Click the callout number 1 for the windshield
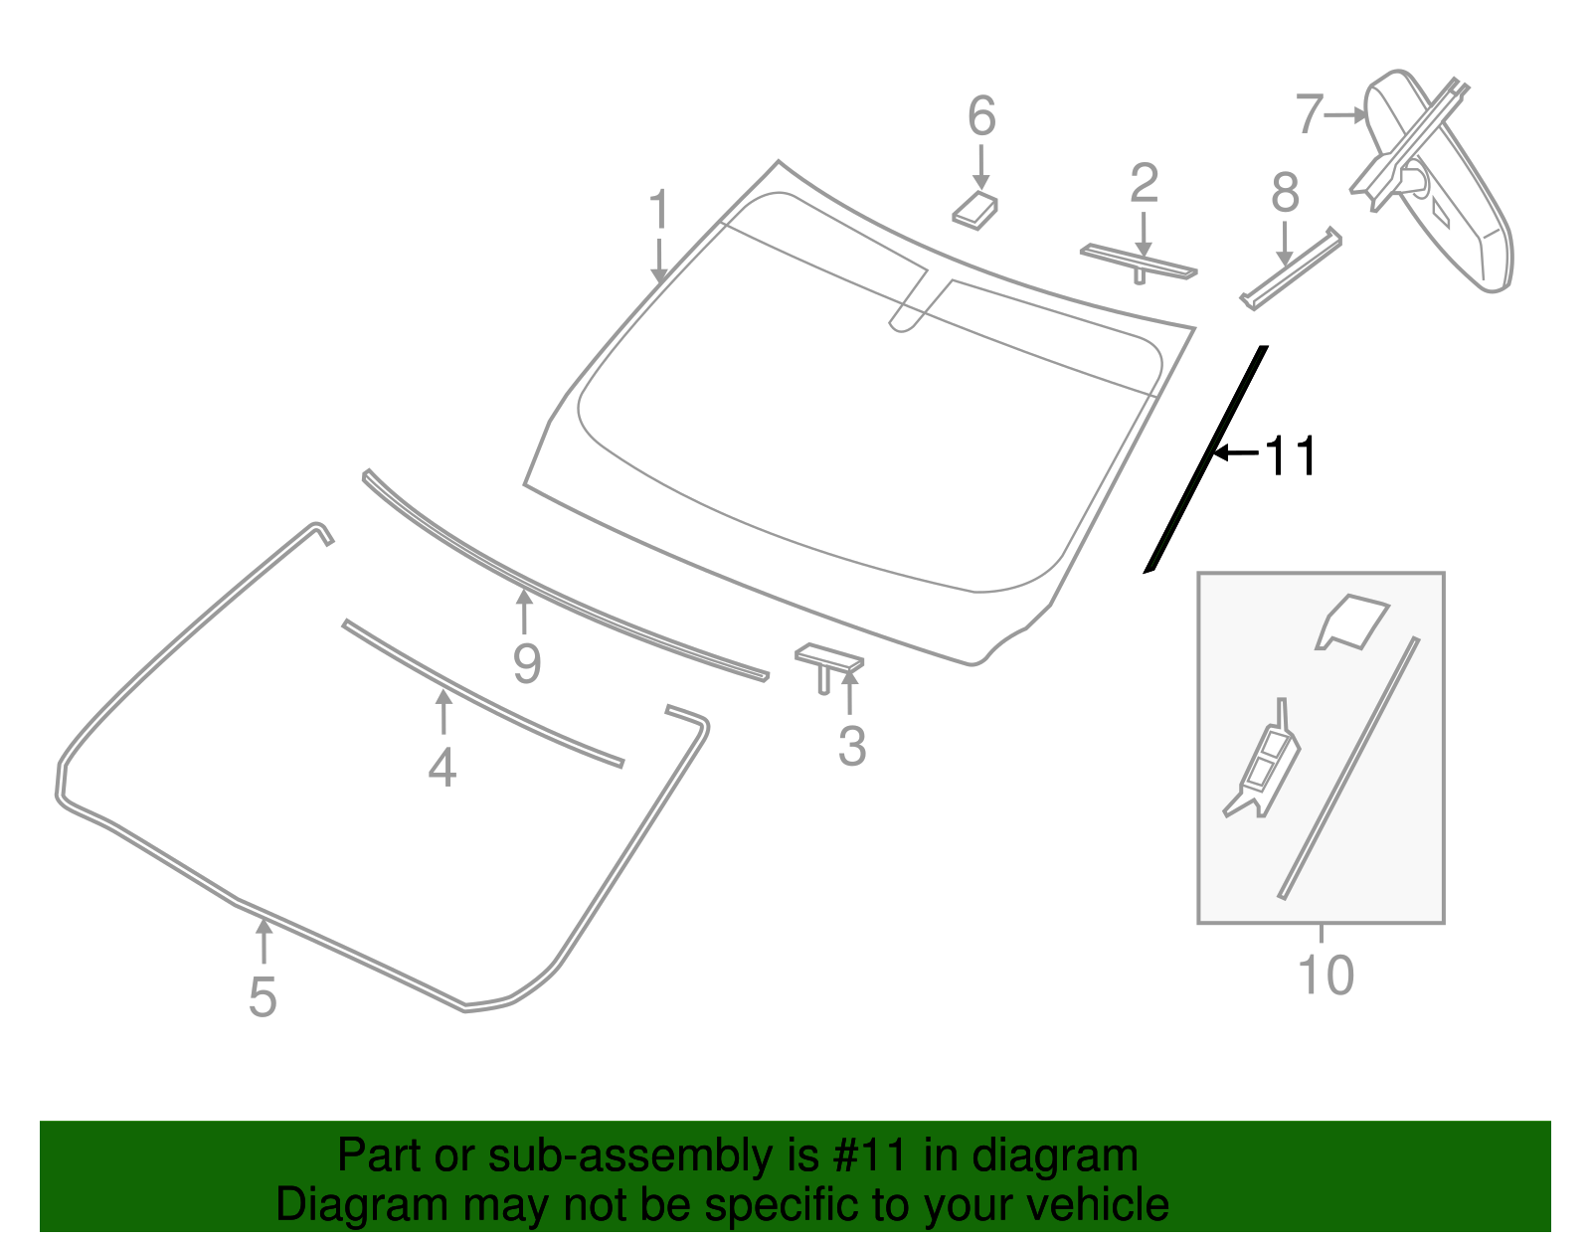(x=658, y=211)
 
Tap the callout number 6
(x=981, y=116)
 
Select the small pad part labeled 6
(x=975, y=210)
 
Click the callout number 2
(x=1145, y=184)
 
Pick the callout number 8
(x=1285, y=193)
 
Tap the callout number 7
(x=1310, y=114)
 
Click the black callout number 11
(x=1290, y=456)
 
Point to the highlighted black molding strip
(x=1206, y=460)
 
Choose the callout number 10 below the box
(x=1326, y=976)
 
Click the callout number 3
(x=851, y=746)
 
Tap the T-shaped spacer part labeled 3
(x=827, y=661)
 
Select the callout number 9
(x=527, y=663)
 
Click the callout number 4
(x=442, y=768)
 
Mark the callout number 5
(x=263, y=996)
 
